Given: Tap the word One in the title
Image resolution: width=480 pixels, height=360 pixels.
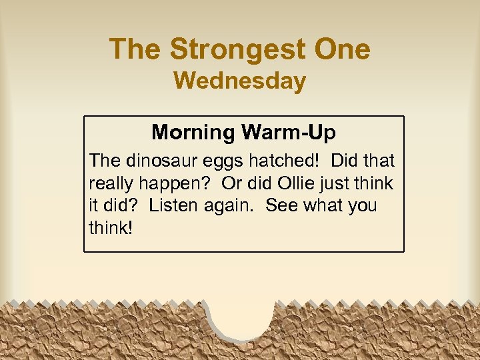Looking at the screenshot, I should point(343,49).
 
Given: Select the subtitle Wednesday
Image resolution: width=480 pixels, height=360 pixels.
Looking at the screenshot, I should point(240,81).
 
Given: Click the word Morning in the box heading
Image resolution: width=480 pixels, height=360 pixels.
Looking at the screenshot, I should point(193,132).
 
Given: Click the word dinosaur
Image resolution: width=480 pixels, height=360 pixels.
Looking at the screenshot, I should point(159,161).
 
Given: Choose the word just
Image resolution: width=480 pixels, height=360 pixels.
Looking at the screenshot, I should point(335,183).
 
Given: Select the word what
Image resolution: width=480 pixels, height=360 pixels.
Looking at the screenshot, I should point(322,205).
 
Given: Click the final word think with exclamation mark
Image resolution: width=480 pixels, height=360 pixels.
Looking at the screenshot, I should point(111,227).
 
